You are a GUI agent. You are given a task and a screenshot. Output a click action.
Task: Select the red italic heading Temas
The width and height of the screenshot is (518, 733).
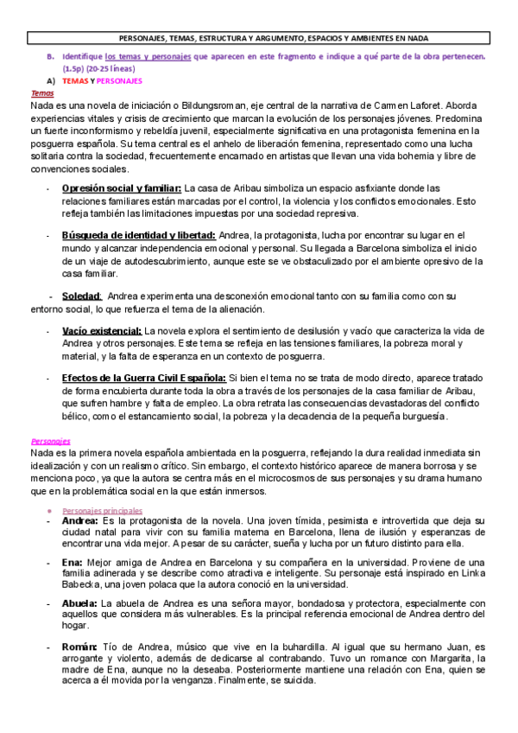pos(41,92)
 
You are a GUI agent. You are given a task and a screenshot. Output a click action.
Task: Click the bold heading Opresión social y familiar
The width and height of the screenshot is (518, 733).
pos(121,188)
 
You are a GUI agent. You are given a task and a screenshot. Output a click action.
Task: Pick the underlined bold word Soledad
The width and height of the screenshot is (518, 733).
pos(83,296)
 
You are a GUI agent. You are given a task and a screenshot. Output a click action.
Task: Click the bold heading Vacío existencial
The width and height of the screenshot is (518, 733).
pos(102,330)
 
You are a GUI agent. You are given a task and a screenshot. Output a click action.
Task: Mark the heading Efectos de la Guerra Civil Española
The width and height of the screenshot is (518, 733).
pos(143,378)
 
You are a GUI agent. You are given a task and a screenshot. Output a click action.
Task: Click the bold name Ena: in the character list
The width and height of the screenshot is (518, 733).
pos(73,562)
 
